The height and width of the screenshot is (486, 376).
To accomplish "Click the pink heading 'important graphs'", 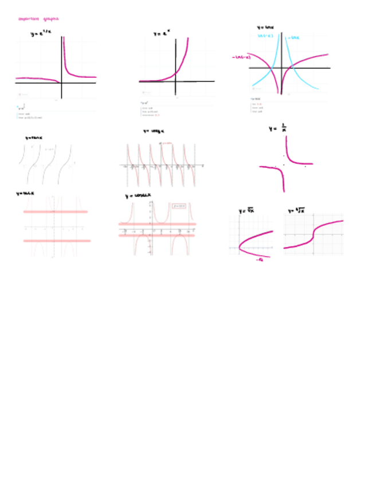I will [38, 19].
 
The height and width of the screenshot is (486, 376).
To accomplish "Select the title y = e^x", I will [163, 34].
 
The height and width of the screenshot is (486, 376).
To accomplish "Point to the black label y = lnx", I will [265, 27].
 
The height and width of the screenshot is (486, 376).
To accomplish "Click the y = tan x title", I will [34, 138].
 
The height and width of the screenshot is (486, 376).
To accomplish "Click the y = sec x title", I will [25, 194].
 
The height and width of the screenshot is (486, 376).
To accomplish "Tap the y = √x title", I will [247, 211].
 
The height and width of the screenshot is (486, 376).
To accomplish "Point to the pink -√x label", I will [259, 259].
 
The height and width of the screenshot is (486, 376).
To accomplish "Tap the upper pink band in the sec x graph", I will [56, 212].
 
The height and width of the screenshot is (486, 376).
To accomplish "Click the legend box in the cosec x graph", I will [179, 206].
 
